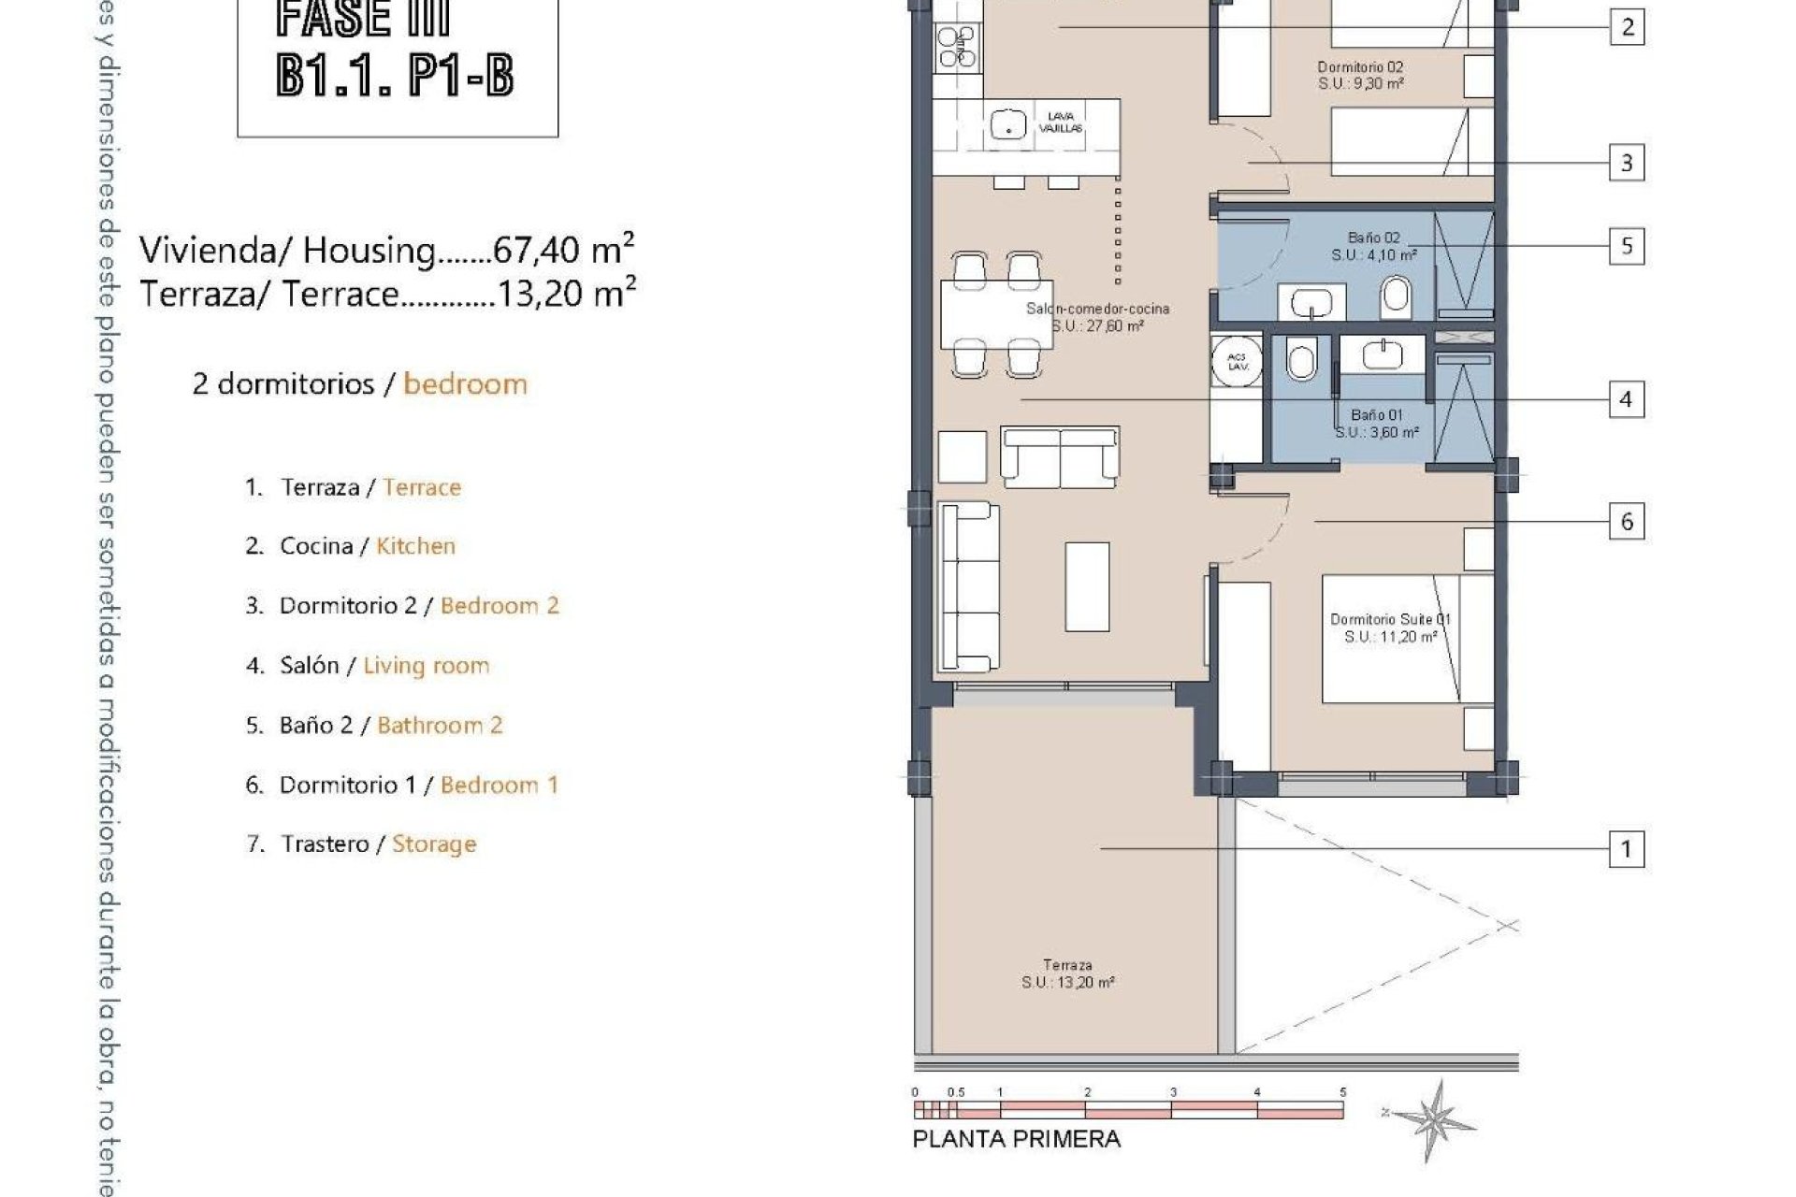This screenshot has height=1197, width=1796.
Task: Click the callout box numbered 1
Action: [1626, 849]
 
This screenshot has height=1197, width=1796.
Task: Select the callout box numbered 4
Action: [1626, 399]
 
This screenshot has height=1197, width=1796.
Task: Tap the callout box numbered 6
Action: [1626, 521]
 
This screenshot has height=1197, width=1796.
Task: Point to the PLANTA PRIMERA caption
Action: [1016, 1139]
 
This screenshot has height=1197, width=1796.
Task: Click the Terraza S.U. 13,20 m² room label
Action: [1067, 973]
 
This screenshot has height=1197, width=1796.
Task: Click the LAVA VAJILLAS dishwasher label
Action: [1061, 123]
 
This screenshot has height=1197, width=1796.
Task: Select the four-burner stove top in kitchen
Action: [957, 47]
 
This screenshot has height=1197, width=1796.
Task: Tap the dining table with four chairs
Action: [996, 314]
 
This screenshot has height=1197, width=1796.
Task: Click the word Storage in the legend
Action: [434, 844]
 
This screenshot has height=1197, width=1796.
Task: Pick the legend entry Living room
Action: [427, 665]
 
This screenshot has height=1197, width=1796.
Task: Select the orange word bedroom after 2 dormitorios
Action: [465, 383]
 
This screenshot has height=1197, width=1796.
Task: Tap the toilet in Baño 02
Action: [1395, 298]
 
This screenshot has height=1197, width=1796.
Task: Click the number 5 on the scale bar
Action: [1342, 1091]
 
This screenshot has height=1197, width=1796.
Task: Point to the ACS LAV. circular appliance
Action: [1237, 361]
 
